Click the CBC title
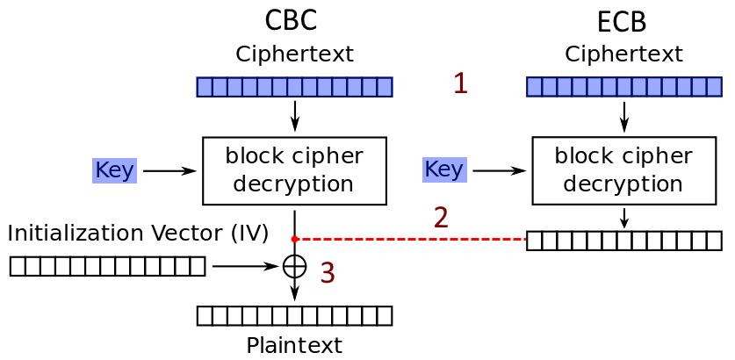(291, 19)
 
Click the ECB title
(622, 21)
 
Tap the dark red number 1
(460, 83)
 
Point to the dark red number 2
(441, 218)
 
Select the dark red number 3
(328, 273)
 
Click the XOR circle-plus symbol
(295, 266)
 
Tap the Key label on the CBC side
(114, 170)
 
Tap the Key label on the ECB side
(443, 169)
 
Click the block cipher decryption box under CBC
(294, 170)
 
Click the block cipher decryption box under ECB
(623, 170)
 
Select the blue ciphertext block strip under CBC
(294, 87)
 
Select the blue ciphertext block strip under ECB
(623, 87)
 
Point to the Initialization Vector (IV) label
(138, 234)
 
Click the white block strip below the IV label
(107, 266)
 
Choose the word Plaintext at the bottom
(294, 345)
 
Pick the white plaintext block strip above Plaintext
(294, 316)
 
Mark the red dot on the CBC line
(295, 239)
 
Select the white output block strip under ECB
(623, 241)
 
